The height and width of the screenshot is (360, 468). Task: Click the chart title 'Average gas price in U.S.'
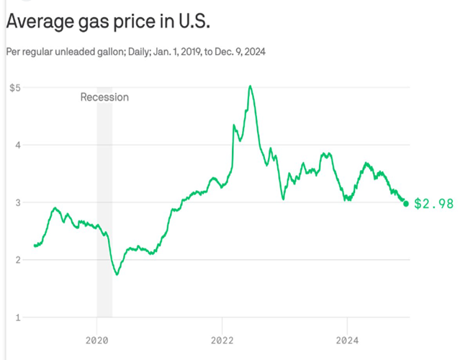(108, 22)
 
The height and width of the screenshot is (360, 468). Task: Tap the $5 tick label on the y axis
(14, 87)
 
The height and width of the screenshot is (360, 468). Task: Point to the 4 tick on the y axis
(17, 145)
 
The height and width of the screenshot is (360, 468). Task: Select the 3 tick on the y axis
(17, 202)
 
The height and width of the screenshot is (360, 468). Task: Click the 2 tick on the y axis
(17, 260)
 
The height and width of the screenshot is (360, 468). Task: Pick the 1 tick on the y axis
(17, 318)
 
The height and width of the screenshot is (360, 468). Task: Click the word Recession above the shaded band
(104, 97)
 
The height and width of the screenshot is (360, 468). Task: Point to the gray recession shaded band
(104, 216)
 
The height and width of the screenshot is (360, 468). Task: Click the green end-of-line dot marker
(406, 204)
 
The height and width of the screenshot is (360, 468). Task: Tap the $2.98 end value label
(434, 204)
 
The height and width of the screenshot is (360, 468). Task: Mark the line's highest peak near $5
(250, 86)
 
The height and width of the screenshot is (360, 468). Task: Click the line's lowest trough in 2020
(117, 274)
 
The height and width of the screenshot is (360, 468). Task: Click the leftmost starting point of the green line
(35, 246)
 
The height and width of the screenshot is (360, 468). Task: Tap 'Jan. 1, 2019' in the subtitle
(177, 52)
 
